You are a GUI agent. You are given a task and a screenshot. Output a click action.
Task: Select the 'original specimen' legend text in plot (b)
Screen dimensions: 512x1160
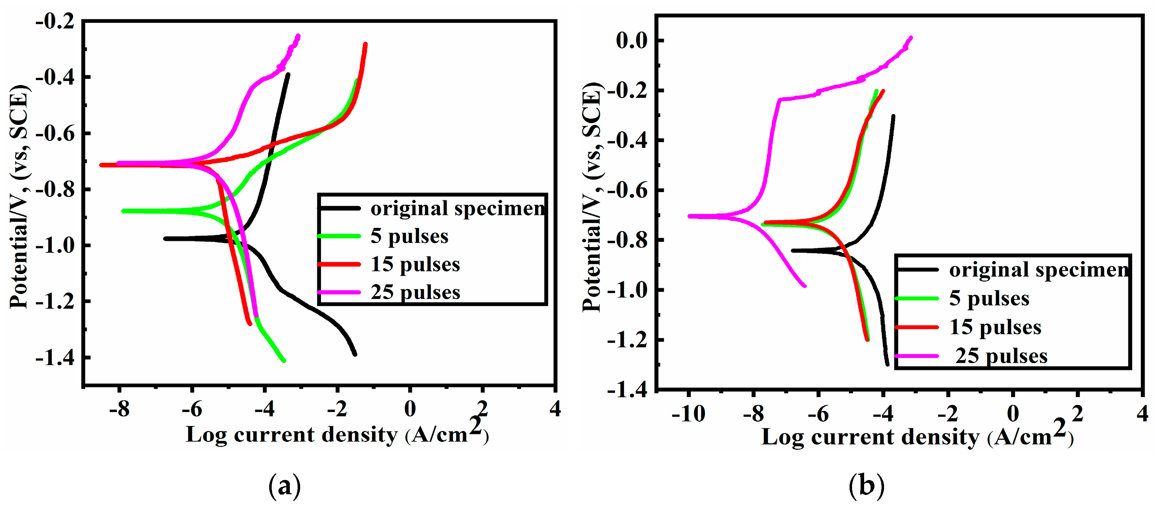[1038, 270]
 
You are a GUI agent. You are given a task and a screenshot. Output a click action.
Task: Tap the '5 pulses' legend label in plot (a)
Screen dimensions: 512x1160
[409, 236]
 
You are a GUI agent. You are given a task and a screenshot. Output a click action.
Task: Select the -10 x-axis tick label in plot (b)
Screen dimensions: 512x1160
[688, 414]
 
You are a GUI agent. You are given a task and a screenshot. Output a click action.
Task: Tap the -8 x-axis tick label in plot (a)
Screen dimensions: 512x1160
[119, 409]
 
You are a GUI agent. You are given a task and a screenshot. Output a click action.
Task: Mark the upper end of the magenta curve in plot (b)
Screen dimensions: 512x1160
[911, 38]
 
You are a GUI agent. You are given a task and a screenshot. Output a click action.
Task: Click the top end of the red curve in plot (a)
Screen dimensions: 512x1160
[365, 44]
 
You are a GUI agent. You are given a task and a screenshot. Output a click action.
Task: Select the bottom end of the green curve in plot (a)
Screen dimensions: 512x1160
[284, 361]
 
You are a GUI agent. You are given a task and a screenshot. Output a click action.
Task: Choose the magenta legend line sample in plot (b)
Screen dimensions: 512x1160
[917, 356]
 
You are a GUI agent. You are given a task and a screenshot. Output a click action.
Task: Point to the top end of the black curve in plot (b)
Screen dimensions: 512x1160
[893, 117]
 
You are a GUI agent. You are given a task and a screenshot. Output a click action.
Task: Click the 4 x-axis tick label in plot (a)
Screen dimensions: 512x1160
[555, 409]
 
